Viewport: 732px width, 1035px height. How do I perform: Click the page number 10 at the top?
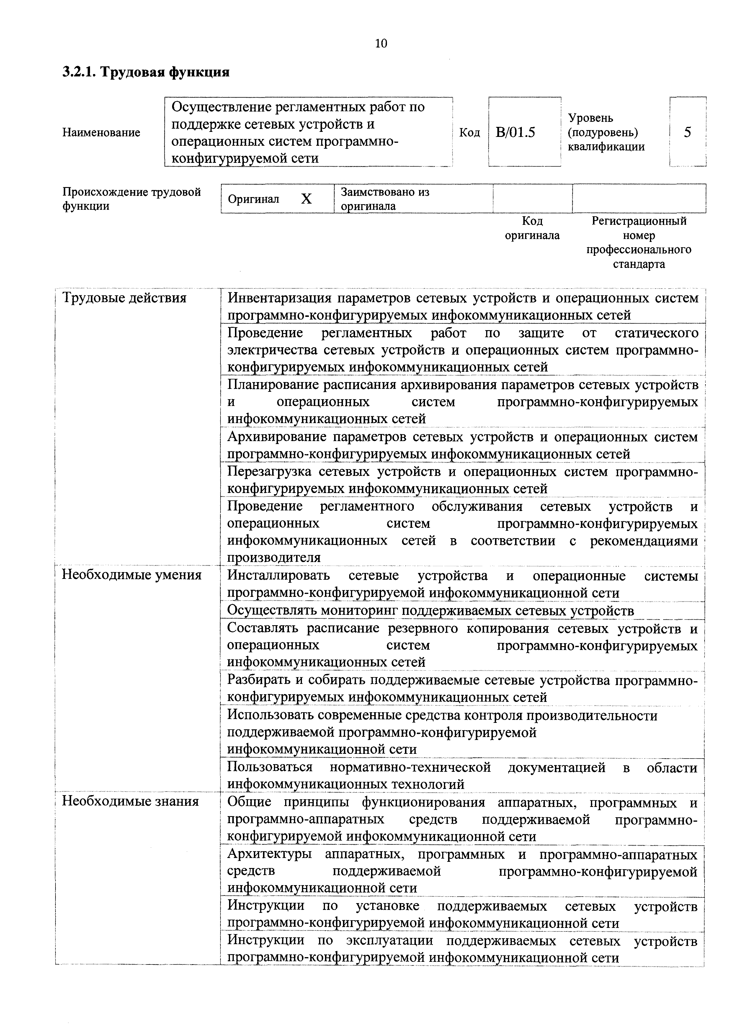[381, 43]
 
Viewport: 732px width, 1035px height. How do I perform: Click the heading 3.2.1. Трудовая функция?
[146, 72]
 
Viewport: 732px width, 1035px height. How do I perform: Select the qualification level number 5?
[687, 132]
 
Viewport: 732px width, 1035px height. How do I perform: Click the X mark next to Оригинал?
[306, 199]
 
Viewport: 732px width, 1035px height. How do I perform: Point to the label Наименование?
[101, 132]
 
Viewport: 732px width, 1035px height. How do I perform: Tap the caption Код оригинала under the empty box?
[532, 228]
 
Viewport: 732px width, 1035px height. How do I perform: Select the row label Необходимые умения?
[131, 575]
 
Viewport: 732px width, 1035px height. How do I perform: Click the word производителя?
[274, 558]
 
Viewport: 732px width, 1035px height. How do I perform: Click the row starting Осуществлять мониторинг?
[430, 610]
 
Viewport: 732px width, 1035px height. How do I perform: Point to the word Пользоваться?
[270, 767]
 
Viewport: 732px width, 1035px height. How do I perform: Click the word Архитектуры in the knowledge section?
[269, 854]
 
